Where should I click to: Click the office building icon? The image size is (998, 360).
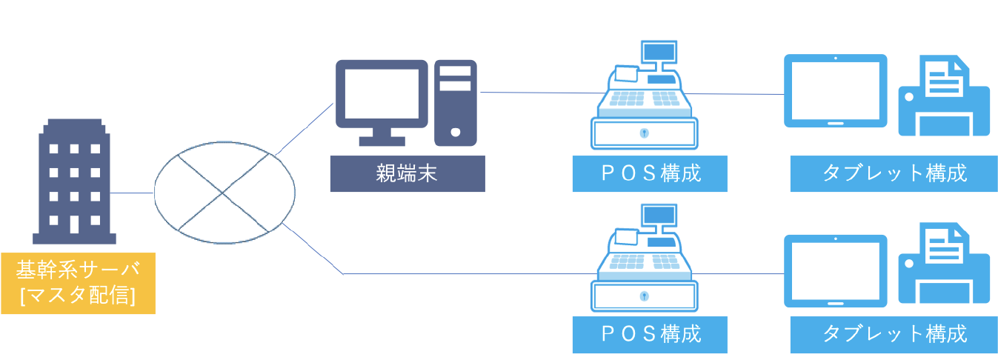[x=74, y=181]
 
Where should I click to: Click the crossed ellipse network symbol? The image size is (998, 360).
[x=224, y=192]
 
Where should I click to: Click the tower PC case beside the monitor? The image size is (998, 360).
[x=456, y=102]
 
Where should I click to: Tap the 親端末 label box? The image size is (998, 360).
[x=407, y=175]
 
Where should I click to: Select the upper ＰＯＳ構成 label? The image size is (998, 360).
[x=649, y=174]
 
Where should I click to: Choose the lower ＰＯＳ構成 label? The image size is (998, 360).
[x=649, y=334]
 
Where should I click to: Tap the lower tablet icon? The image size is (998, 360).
[x=835, y=271]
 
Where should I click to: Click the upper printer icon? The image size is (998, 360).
[x=944, y=96]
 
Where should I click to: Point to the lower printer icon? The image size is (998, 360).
[x=944, y=265]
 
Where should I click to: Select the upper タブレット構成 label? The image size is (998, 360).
[x=894, y=174]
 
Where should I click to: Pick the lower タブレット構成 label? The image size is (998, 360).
[x=894, y=334]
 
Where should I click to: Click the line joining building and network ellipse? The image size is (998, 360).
[x=133, y=193]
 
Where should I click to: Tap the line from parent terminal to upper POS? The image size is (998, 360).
[x=530, y=93]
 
